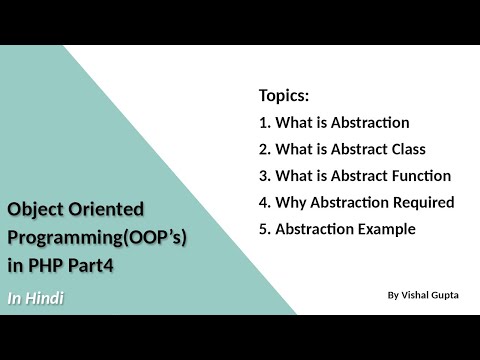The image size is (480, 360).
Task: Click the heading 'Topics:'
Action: click(x=284, y=97)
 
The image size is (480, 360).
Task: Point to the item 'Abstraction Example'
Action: click(x=347, y=228)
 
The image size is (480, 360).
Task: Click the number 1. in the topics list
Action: click(x=265, y=123)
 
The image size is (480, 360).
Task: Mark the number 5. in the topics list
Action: click(x=265, y=228)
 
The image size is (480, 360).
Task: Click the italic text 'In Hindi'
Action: click(x=36, y=298)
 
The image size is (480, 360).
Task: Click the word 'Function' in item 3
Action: click(x=419, y=175)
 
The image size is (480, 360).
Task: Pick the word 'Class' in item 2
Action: click(x=406, y=149)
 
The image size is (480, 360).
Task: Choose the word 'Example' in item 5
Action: click(x=386, y=228)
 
